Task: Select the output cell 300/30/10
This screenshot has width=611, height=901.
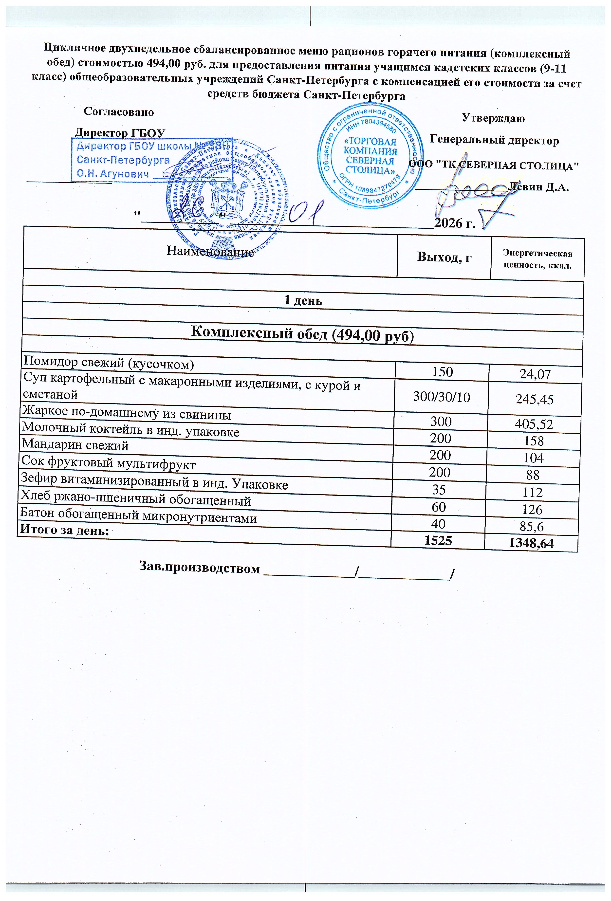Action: point(442,397)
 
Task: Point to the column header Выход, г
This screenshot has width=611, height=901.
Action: point(444,257)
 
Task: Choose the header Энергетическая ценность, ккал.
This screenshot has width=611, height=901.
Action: point(537,259)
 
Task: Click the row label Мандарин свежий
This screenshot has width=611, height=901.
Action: point(75,445)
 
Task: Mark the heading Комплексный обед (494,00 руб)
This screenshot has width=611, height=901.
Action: point(303,333)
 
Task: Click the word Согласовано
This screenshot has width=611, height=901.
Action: point(119,112)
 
